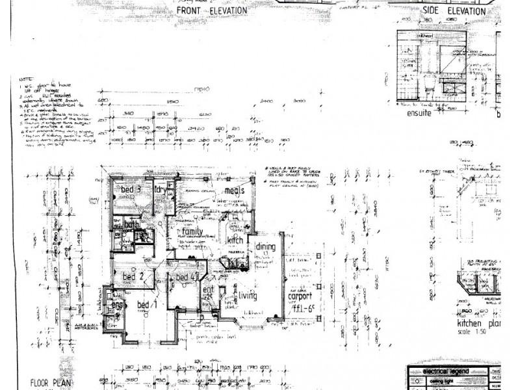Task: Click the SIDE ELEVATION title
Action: click(x=453, y=12)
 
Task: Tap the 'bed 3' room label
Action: click(x=131, y=190)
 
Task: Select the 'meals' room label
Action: click(x=234, y=190)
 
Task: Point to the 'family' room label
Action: click(x=193, y=231)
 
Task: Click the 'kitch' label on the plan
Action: click(x=235, y=240)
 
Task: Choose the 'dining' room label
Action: click(x=265, y=247)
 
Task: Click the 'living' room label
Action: click(x=247, y=296)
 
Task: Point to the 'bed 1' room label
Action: click(x=149, y=305)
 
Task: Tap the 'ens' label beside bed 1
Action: click(x=117, y=305)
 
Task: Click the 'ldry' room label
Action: click(x=161, y=190)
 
